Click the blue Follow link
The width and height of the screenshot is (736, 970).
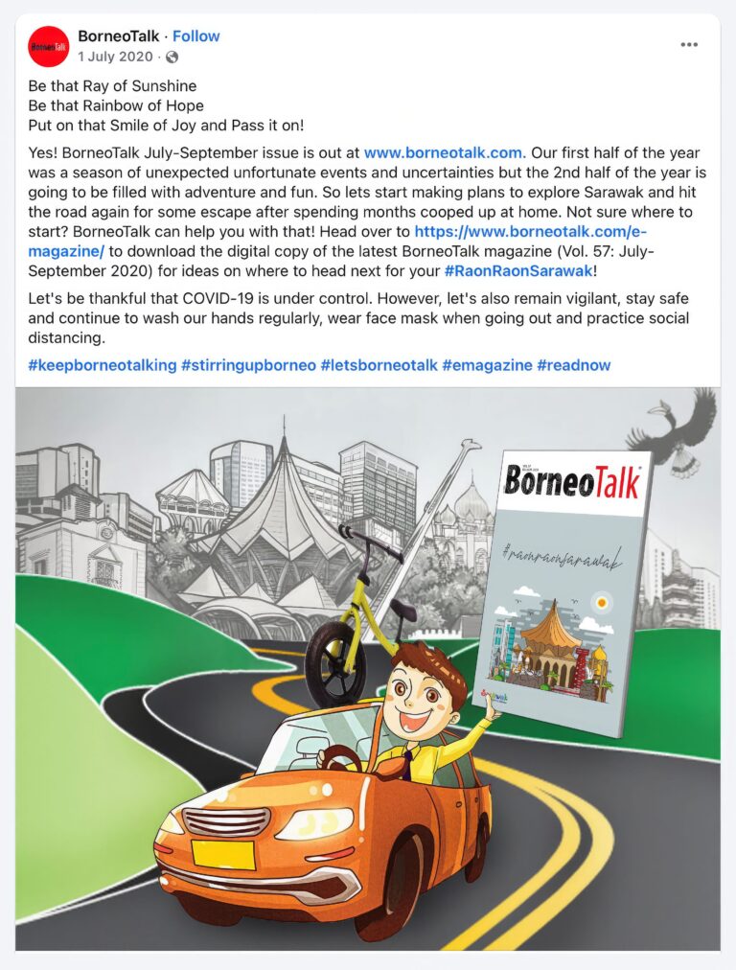tap(195, 37)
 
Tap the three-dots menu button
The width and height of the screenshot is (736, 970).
tap(690, 45)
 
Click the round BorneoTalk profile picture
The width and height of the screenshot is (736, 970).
tap(48, 46)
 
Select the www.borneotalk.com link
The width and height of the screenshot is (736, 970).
tap(443, 152)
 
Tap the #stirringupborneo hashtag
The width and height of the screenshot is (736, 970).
tap(248, 365)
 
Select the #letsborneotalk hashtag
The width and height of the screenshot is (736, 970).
tap(379, 365)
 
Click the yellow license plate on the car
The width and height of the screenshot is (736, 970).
tap(222, 854)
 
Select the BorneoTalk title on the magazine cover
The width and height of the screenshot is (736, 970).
tap(573, 482)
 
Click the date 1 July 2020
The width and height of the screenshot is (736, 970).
tap(115, 57)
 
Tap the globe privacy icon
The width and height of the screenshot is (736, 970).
tap(172, 57)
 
